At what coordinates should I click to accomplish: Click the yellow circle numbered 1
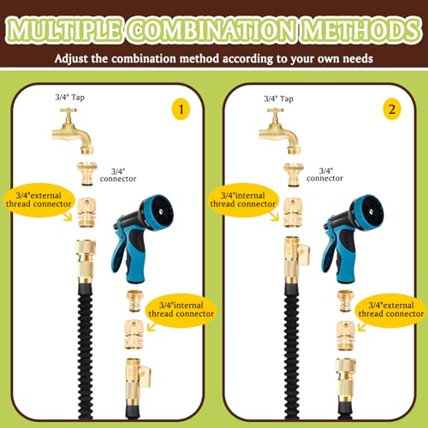click(181, 110)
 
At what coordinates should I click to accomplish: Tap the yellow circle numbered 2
click(392, 110)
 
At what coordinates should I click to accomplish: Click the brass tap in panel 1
click(73, 131)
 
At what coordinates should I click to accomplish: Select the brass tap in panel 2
click(280, 131)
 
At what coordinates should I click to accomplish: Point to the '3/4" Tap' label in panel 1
click(70, 98)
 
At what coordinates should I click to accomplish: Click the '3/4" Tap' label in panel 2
click(278, 98)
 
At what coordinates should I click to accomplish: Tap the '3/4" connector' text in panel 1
click(118, 175)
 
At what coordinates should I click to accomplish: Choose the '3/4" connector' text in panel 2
click(325, 175)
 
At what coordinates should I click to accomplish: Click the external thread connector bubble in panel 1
click(39, 199)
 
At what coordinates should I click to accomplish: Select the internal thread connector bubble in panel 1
click(181, 310)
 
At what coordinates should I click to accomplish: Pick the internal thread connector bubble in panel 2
click(243, 199)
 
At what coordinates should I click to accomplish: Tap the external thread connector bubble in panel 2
click(391, 310)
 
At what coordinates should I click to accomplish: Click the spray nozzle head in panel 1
click(158, 211)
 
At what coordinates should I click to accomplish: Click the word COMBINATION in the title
click(211, 31)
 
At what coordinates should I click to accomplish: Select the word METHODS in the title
click(361, 31)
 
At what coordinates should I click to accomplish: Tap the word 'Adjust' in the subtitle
click(71, 59)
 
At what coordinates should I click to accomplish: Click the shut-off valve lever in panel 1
click(145, 377)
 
